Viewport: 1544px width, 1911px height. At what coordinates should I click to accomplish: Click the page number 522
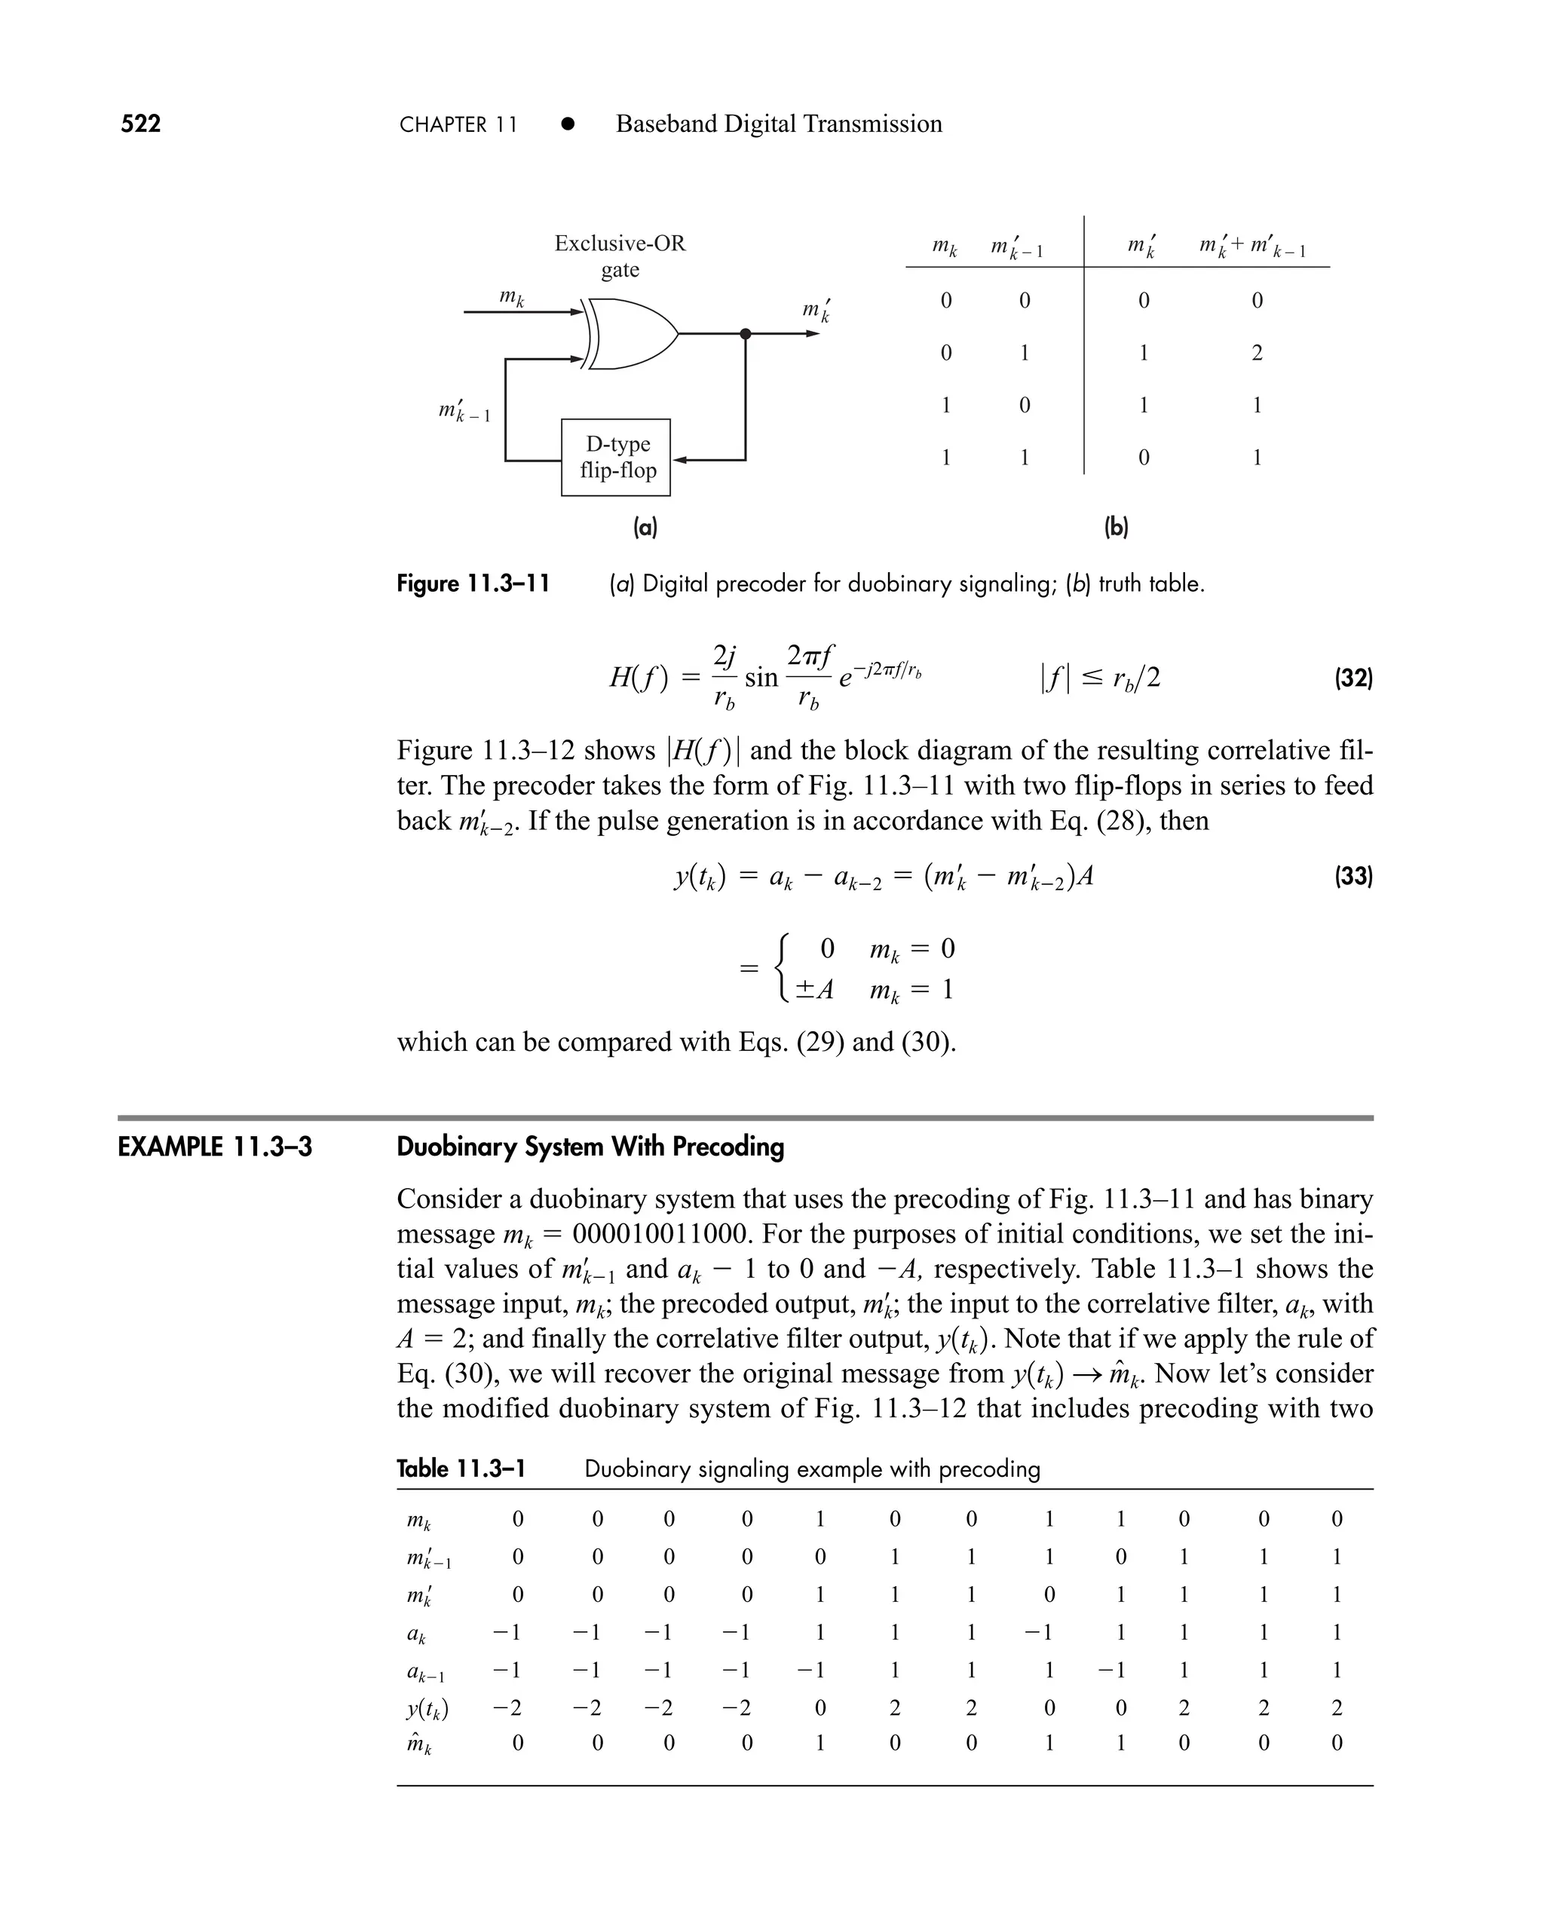[140, 124]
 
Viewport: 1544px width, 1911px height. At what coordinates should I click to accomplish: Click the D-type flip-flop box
[615, 457]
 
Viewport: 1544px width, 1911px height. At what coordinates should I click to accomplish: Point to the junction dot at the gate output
[746, 333]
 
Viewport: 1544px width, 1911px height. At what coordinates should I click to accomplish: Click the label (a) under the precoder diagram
[645, 528]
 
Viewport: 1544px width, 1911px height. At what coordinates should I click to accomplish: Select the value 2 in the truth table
[1257, 353]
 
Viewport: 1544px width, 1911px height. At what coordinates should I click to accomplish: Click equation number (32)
[1353, 679]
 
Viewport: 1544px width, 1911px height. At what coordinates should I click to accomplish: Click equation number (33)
[1353, 877]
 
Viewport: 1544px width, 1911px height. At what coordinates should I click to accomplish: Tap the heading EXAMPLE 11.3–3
[215, 1147]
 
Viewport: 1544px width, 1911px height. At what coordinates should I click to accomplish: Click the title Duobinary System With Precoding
[590, 1147]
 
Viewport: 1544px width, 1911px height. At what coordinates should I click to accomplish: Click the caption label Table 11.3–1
[461, 1469]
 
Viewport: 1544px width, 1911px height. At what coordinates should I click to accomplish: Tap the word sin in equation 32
[761, 679]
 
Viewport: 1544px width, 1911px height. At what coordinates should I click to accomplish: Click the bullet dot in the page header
[566, 124]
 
